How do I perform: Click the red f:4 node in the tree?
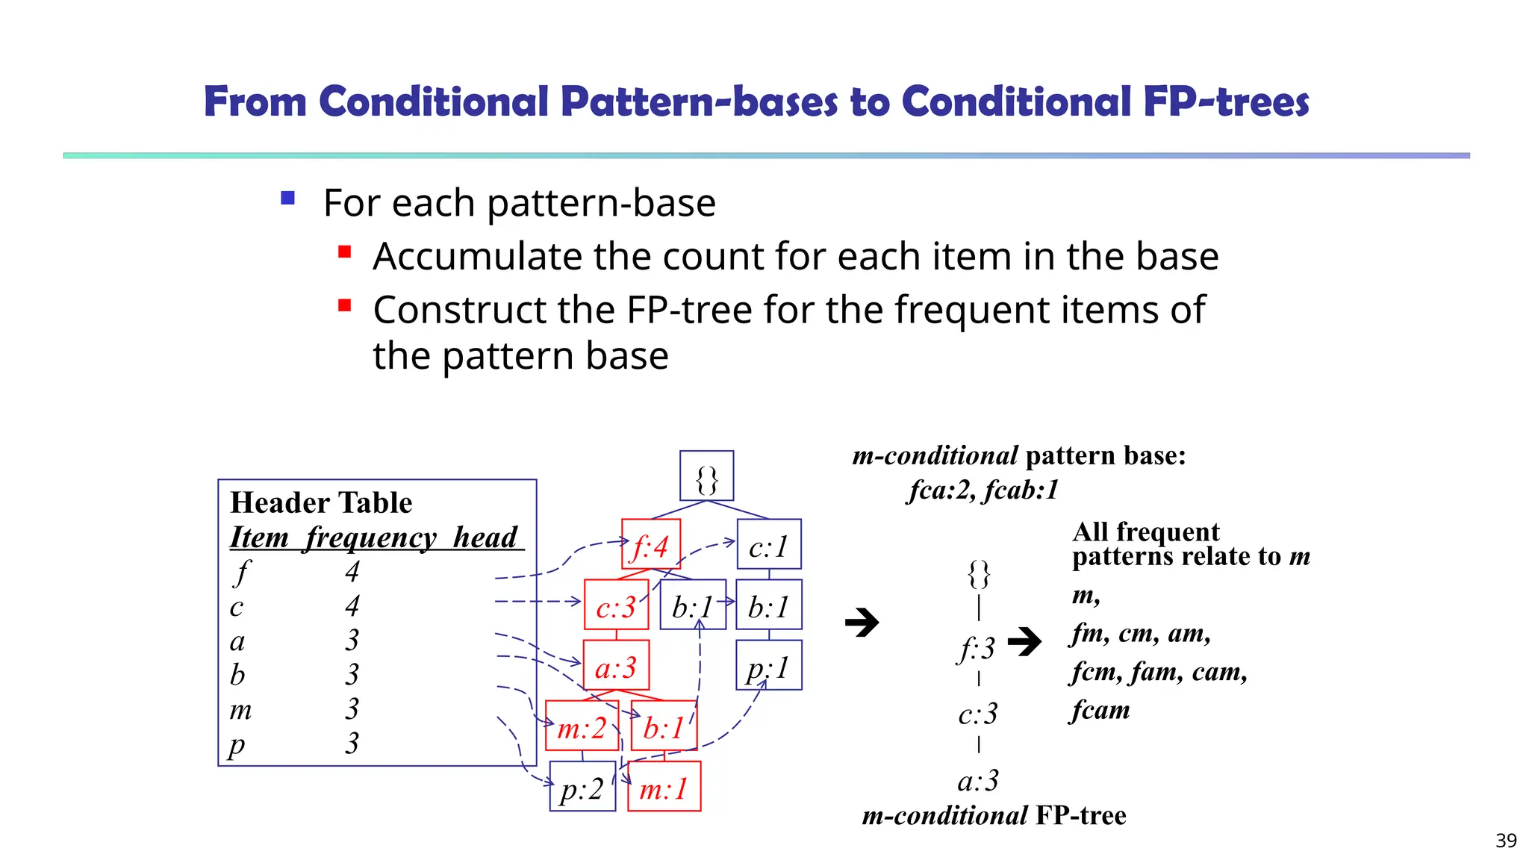(650, 544)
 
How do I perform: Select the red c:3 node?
(616, 605)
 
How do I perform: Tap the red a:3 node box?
(616, 665)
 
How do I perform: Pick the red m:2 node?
(582, 726)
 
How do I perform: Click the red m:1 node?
(664, 786)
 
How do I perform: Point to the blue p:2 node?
(582, 786)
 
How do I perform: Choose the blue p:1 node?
(768, 665)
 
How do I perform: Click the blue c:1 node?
(768, 544)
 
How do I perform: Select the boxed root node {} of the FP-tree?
(706, 476)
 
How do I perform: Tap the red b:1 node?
(664, 726)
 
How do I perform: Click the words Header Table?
(321, 502)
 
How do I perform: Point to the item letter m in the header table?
(240, 709)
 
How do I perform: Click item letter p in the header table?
(237, 744)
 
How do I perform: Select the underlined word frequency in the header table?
(371, 537)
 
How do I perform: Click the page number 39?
(1506, 841)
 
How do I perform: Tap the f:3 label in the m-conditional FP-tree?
(977, 648)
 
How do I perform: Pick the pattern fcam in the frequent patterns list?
(1100, 710)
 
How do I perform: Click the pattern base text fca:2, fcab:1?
(983, 490)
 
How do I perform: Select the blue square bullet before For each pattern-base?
(288, 199)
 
